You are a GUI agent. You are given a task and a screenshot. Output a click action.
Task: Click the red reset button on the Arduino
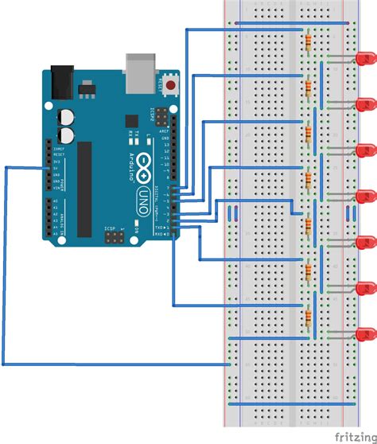coord(171,82)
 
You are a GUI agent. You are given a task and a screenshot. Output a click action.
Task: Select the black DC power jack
coord(62,80)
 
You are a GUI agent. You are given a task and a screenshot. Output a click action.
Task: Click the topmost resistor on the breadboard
coord(306,41)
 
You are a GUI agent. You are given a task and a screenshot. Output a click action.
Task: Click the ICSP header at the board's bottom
coord(113,237)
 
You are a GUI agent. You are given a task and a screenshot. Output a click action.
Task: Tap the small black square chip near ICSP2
coord(131,120)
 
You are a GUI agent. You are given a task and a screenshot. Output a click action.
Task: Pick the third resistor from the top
coord(306,133)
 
